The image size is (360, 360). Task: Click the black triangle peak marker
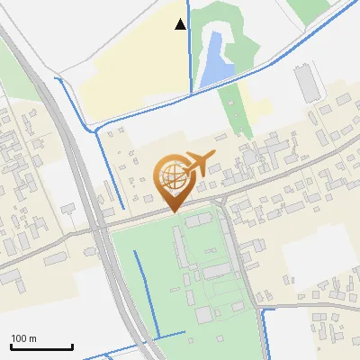(181, 24)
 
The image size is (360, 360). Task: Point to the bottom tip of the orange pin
(174, 211)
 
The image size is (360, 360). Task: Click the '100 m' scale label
(23, 337)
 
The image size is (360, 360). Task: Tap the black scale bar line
(41, 346)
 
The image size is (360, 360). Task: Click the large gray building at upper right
(307, 84)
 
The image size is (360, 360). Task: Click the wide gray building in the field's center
(217, 271)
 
